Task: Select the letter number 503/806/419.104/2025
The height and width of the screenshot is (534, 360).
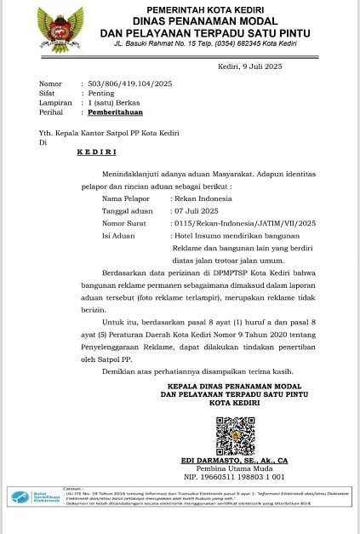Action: (x=130, y=83)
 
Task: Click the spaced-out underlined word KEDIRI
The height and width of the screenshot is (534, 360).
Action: (x=96, y=152)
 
